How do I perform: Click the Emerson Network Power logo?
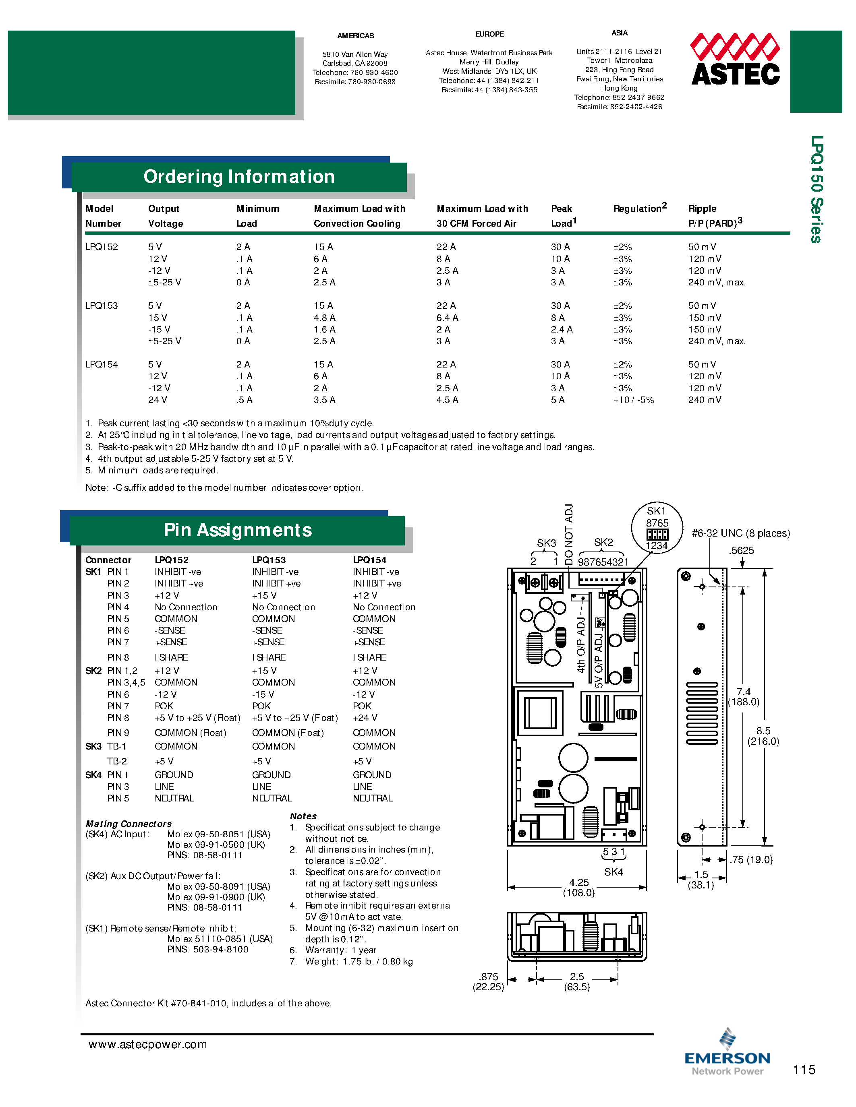click(x=727, y=1055)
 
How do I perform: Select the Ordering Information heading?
click(x=239, y=177)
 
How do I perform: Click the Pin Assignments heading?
click(x=237, y=530)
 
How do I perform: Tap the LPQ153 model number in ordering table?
click(x=102, y=306)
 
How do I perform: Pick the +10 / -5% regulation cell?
click(x=633, y=400)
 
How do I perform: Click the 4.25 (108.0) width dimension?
click(x=578, y=888)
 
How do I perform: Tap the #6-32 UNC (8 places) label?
click(x=740, y=533)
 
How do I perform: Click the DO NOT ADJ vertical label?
click(x=569, y=534)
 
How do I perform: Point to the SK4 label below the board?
click(x=613, y=872)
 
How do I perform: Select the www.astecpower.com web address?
click(x=147, y=1045)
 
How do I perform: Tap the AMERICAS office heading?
click(x=355, y=35)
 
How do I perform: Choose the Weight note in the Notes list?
click(x=359, y=962)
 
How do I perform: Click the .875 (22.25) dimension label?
click(x=488, y=981)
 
